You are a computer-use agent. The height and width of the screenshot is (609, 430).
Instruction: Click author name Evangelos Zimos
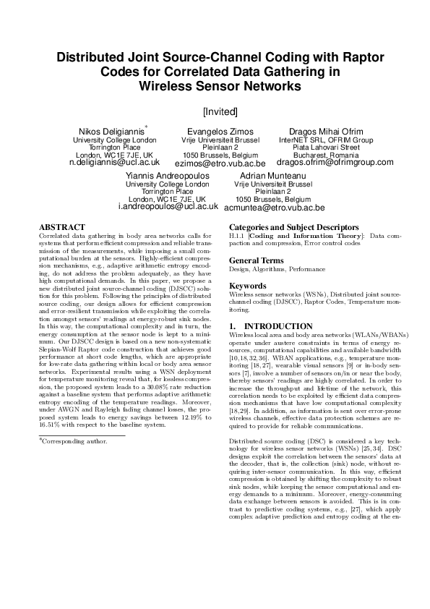point(220,129)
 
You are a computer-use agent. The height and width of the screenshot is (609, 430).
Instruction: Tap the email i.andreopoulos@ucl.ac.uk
point(168,207)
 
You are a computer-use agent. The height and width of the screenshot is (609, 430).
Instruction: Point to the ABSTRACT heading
point(61,227)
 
